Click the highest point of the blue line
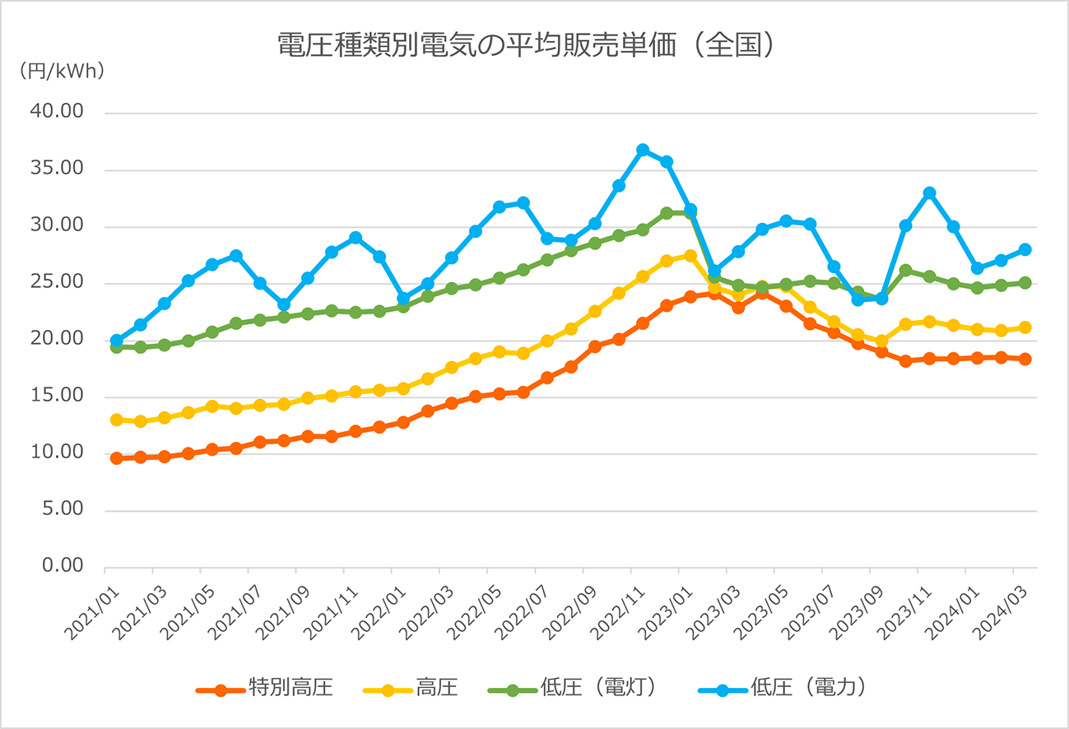point(643,150)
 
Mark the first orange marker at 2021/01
point(117,458)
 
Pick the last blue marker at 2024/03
point(1025,249)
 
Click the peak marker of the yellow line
point(690,256)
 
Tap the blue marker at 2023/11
point(929,193)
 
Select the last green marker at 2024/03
point(1025,282)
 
